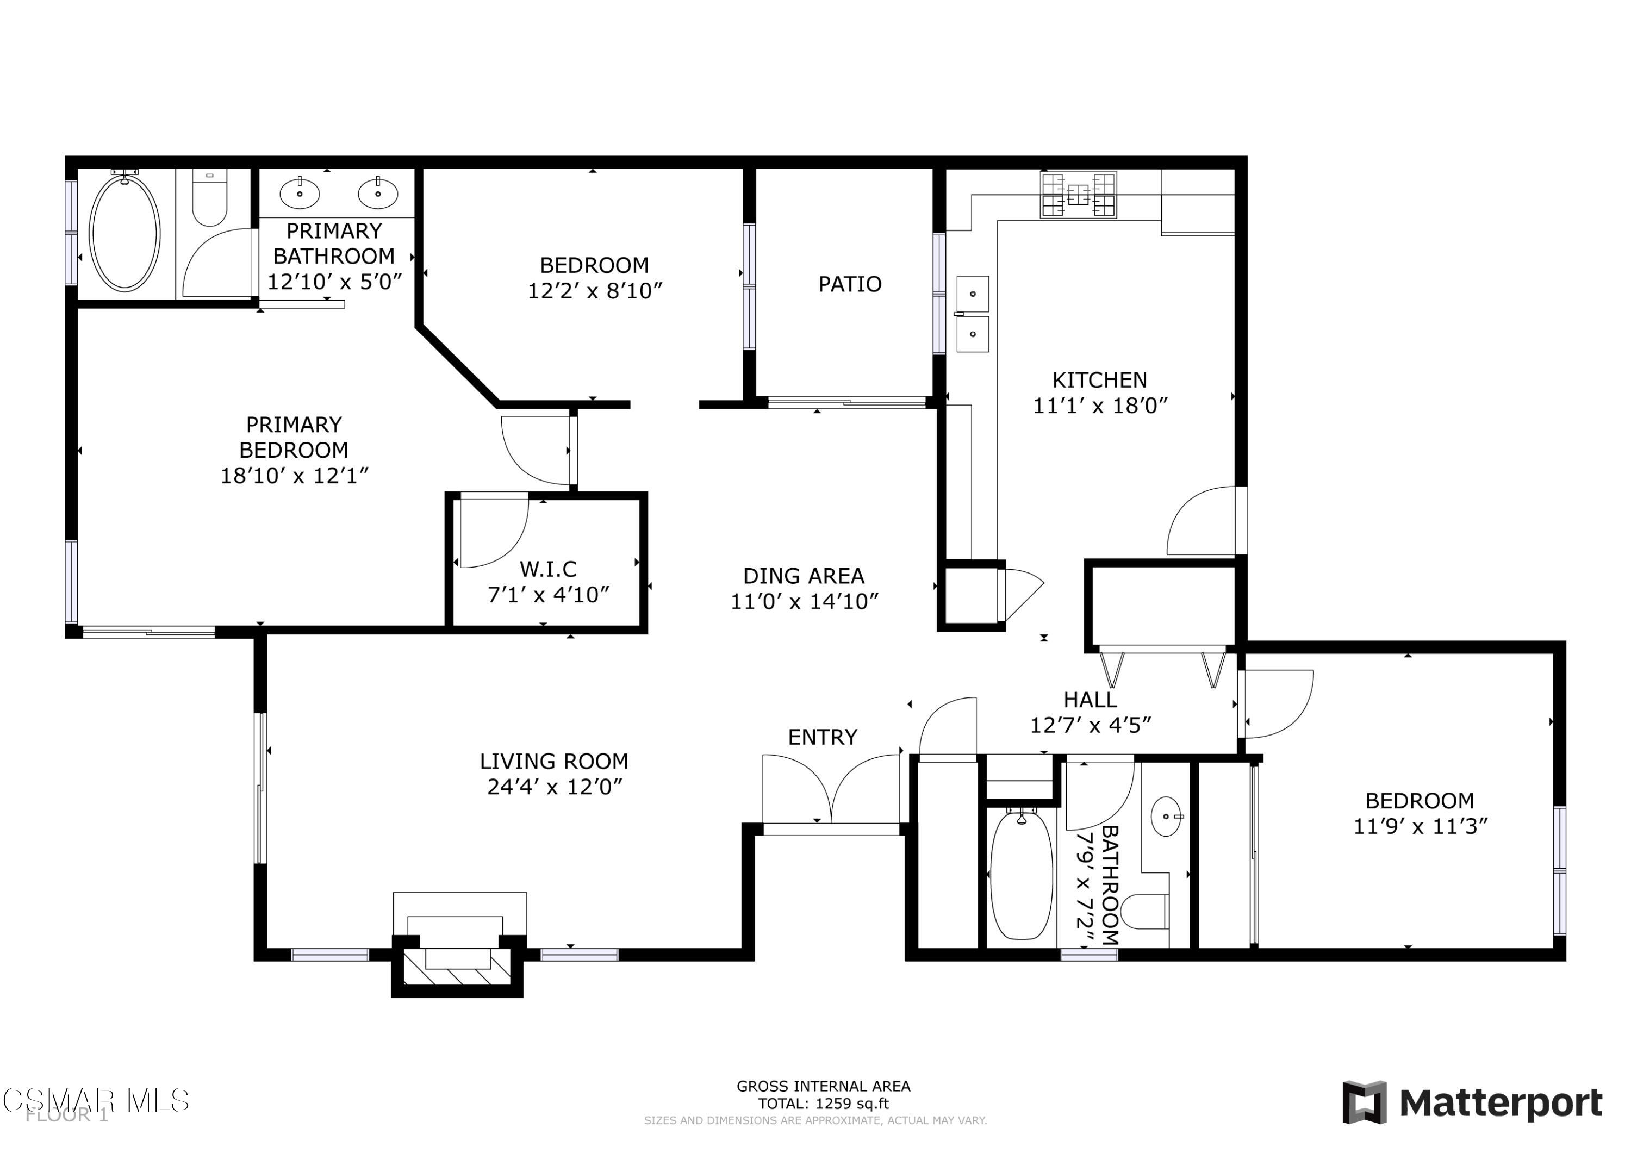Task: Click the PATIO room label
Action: (x=850, y=284)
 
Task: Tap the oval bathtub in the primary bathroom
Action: (x=124, y=233)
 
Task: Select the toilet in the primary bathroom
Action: (x=209, y=199)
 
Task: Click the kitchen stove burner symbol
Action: (x=1078, y=195)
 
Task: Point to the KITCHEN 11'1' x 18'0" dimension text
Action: (x=1100, y=405)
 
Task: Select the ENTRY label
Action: (x=823, y=737)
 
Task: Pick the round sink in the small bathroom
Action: (x=1166, y=817)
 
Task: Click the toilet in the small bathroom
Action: (x=1145, y=912)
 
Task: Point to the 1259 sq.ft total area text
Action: (x=823, y=1104)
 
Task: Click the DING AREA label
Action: (x=804, y=576)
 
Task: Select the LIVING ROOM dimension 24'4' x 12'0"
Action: (x=554, y=787)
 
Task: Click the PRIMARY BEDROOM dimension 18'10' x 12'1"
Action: (x=294, y=475)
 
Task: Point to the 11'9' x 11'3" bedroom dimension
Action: (x=1420, y=826)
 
